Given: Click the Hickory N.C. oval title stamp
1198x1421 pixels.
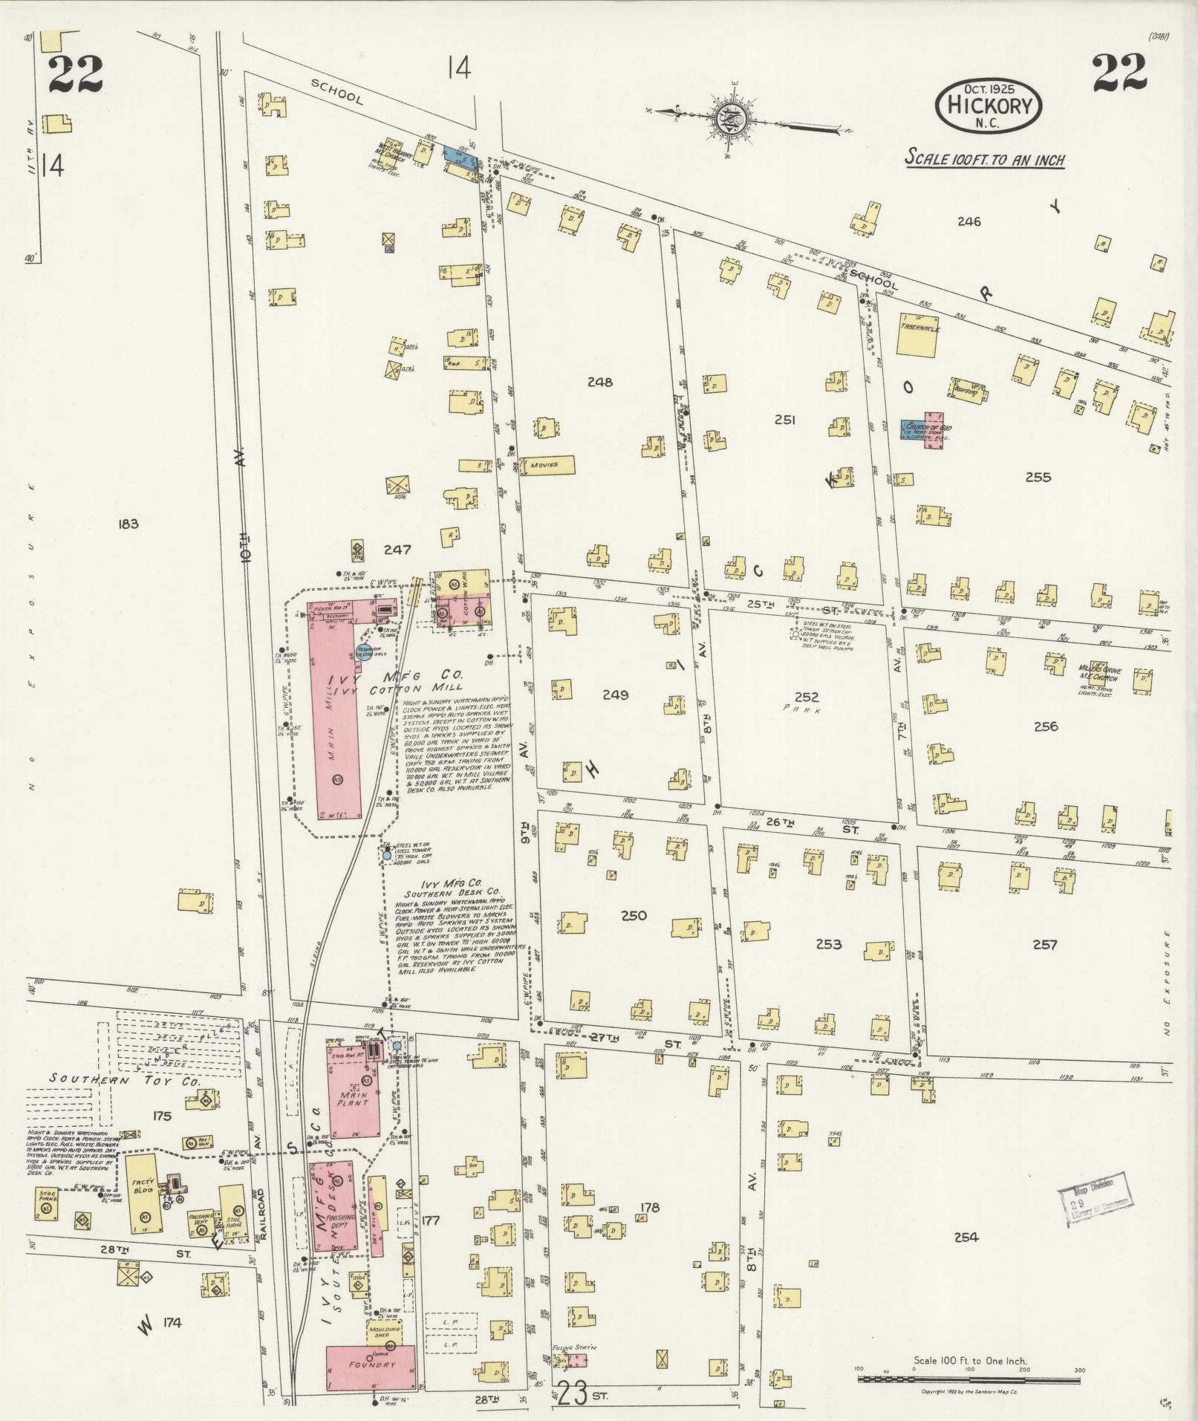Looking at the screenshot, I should pos(989,106).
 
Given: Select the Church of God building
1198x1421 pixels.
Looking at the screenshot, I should pos(923,431).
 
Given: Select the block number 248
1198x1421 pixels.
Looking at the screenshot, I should pos(599,383).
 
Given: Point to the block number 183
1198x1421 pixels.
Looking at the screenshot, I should pos(128,524).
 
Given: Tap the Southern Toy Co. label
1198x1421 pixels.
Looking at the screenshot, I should pos(124,1081).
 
